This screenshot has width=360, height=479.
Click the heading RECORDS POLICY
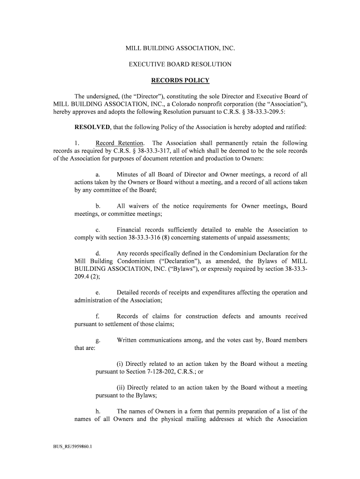180,80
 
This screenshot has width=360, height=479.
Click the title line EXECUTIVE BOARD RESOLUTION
180,64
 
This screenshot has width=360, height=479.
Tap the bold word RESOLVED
93,127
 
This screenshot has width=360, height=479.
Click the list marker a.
98,174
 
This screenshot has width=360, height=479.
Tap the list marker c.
98,230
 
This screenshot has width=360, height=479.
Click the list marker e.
98,292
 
